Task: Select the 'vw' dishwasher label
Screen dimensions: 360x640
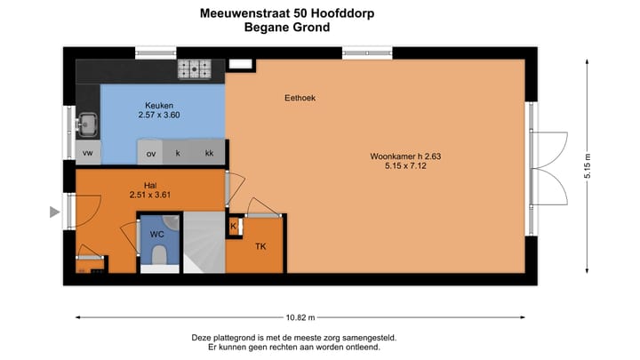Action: coord(88,153)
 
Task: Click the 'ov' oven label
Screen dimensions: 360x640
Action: coord(150,153)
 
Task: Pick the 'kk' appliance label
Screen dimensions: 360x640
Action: coord(209,153)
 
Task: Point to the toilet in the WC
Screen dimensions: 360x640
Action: coord(158,256)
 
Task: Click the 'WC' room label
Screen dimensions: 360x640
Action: coord(156,234)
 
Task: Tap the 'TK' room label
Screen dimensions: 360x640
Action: coord(260,246)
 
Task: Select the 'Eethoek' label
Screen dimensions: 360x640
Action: coord(300,98)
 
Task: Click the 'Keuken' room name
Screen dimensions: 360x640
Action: coord(159,105)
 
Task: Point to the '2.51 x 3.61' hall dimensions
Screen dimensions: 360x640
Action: coord(149,195)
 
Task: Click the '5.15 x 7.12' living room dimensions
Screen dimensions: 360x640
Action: coord(406,166)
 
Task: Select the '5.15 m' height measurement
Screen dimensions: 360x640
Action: coord(588,168)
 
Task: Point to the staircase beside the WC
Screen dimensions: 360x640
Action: coord(203,244)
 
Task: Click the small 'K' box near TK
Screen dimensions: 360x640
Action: coord(233,227)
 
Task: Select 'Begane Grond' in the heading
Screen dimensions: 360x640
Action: coord(286,28)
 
